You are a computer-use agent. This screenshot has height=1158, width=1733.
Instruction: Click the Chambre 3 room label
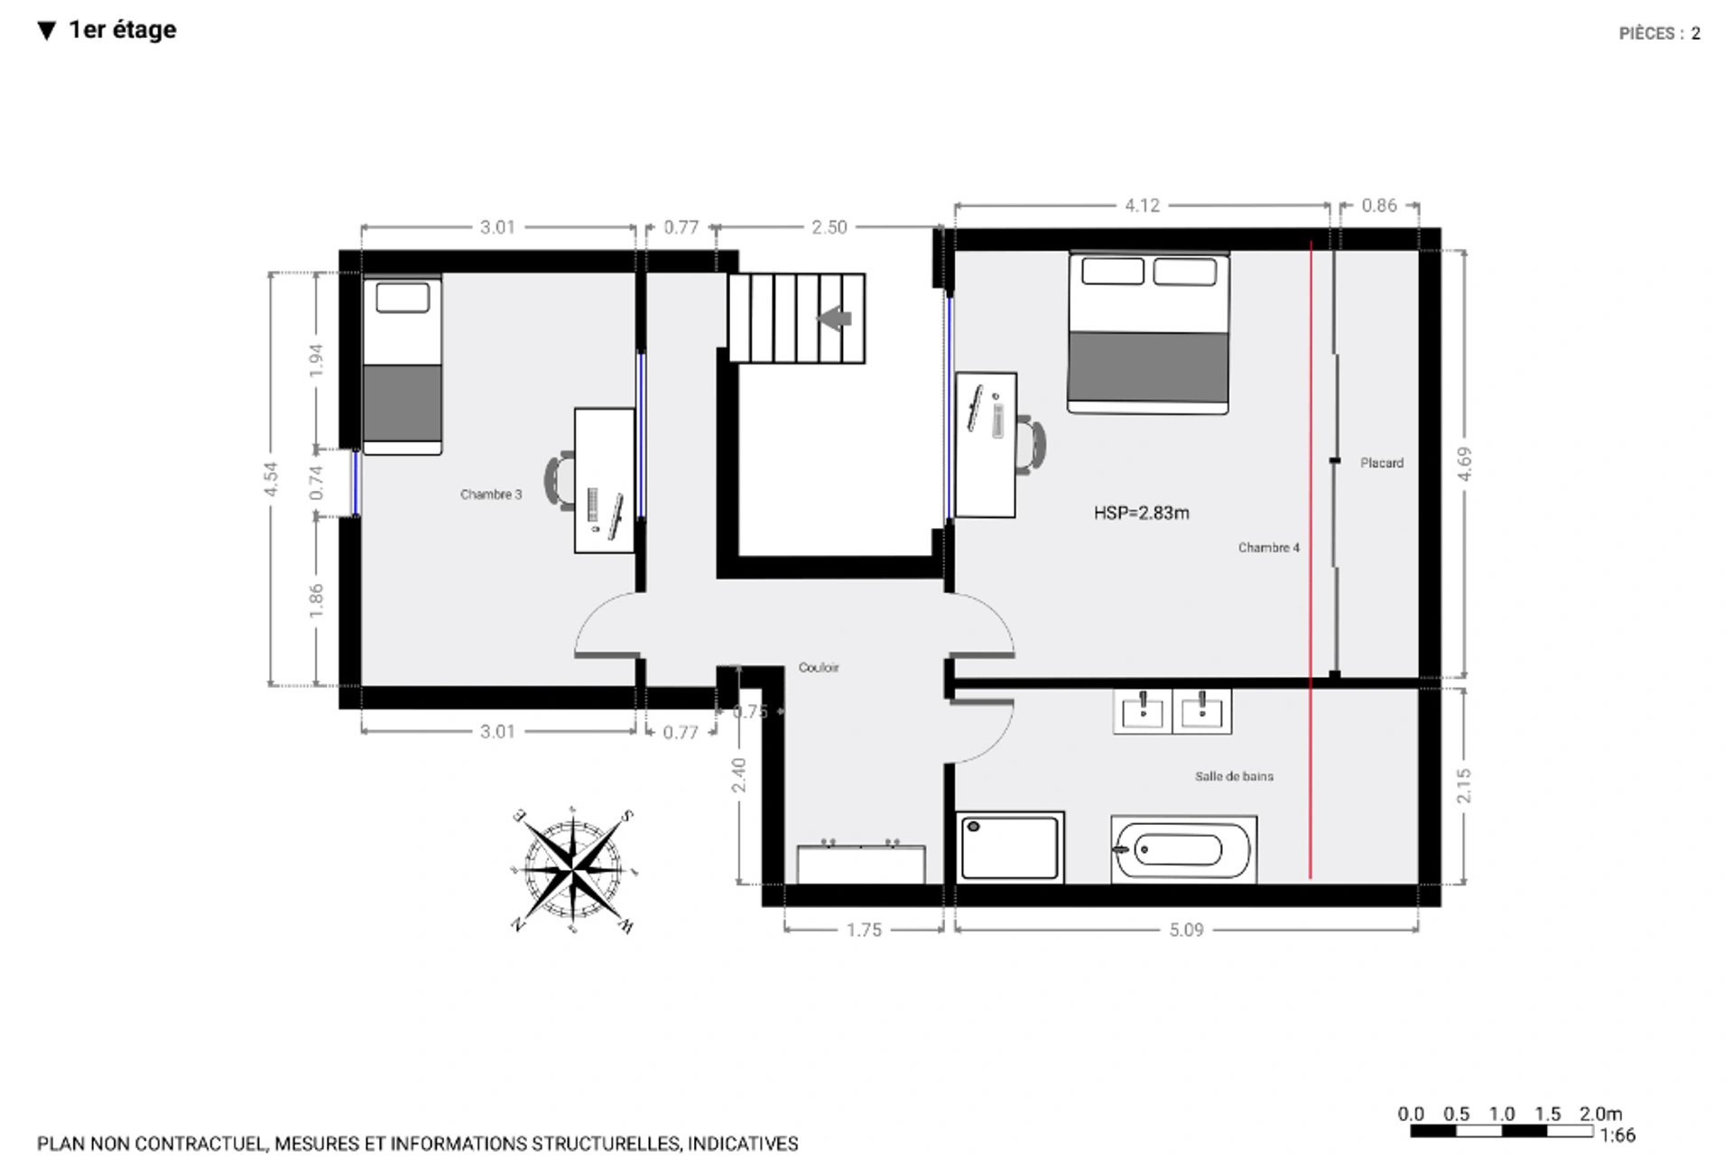[490, 495]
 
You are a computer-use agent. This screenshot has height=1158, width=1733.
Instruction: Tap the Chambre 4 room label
[1268, 548]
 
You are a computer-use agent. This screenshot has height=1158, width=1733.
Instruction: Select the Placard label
[1381, 463]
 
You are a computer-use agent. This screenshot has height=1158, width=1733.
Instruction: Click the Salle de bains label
[1233, 776]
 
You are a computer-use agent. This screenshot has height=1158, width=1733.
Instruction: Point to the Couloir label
[818, 668]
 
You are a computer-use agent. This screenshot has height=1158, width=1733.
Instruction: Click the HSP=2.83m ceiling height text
[1141, 514]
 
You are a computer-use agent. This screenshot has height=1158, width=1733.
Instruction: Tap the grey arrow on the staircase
[834, 319]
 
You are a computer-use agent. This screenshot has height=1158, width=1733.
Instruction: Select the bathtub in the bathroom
[1182, 849]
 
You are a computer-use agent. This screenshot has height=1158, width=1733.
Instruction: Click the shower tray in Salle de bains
[1009, 848]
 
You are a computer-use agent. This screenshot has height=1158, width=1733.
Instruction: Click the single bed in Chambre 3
[402, 366]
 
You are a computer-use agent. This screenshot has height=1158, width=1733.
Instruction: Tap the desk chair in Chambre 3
[561, 481]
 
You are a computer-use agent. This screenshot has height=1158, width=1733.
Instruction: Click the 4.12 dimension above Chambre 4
[1141, 206]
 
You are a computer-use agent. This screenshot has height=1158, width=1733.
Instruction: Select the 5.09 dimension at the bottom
[1185, 930]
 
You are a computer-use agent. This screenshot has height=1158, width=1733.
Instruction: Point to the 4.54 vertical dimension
[271, 478]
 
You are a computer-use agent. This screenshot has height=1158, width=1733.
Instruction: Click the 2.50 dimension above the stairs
[828, 227]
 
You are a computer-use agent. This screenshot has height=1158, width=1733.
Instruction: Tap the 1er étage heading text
[122, 30]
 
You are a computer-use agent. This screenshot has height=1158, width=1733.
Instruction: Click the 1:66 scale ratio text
[1617, 1135]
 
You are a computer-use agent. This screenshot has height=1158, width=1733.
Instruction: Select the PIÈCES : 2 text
[1658, 33]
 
